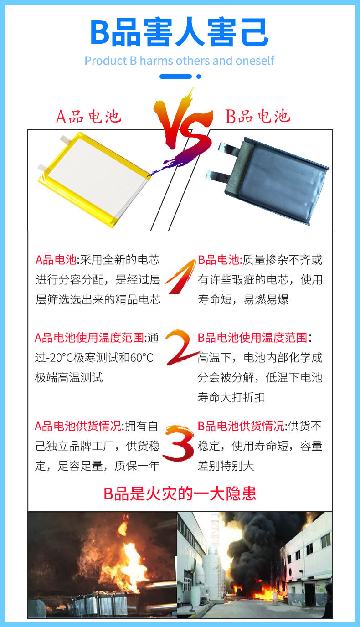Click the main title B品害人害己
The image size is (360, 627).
coord(180,33)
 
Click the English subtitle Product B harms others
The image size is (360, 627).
coord(180,61)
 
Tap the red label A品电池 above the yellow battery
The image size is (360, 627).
coord(88,117)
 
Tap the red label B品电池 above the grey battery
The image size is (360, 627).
coord(258,117)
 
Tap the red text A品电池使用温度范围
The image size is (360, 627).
coord(89,338)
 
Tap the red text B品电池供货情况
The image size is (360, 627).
coord(241,426)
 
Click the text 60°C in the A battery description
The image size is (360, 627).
coord(141,358)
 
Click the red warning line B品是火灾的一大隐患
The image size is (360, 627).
coord(180,493)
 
